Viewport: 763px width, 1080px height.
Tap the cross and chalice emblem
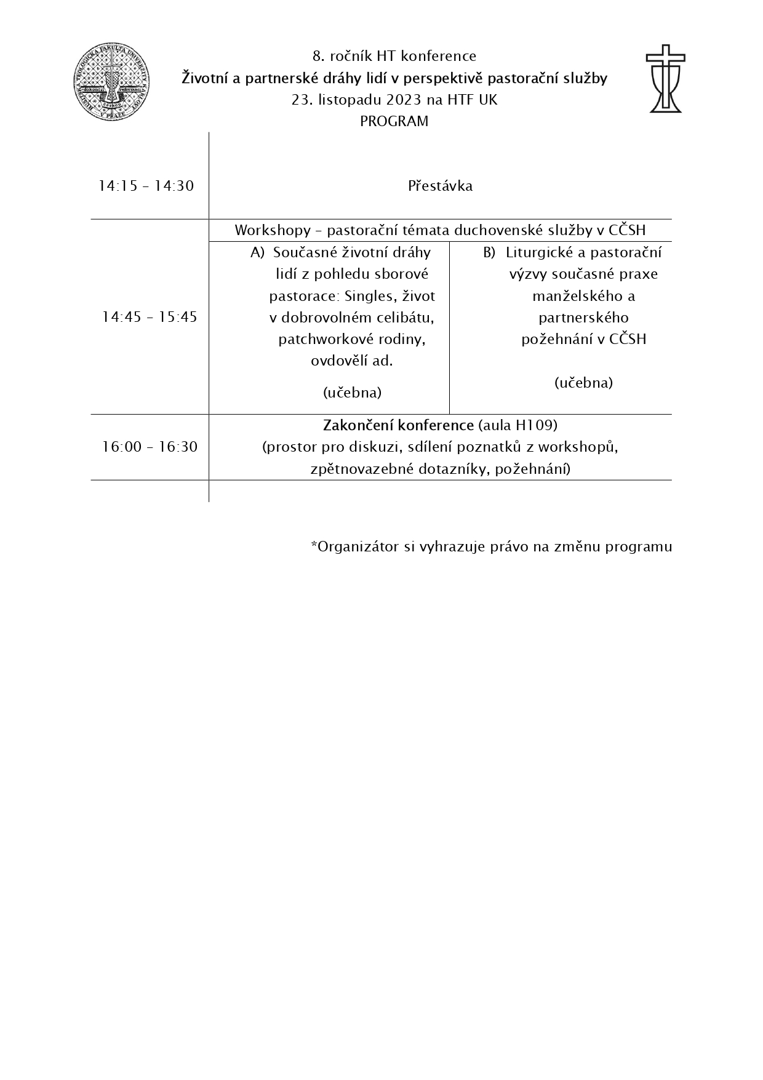[665, 79]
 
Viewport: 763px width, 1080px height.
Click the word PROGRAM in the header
[394, 122]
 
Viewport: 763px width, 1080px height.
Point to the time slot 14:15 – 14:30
[146, 186]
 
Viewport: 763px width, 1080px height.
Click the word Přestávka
[440, 186]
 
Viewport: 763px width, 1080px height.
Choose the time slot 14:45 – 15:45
[150, 317]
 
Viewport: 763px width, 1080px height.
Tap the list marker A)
[257, 252]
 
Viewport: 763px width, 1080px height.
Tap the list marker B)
[489, 252]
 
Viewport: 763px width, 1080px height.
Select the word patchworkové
[318, 339]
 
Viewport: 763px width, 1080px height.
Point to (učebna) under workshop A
[352, 393]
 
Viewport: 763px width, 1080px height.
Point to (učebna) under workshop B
[583, 383]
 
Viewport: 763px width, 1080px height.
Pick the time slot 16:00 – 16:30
[150, 447]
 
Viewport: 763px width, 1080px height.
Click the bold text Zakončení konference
[398, 425]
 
